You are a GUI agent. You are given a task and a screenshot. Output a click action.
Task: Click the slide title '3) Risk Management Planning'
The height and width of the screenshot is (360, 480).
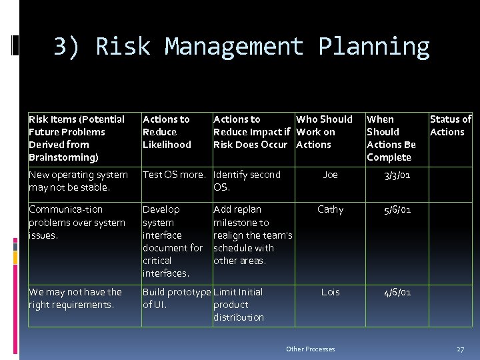pos(241,47)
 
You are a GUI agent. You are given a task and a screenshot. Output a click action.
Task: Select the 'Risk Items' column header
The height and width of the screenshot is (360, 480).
pos(77,138)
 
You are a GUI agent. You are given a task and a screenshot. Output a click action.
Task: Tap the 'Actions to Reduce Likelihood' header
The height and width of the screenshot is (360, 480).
pos(167,132)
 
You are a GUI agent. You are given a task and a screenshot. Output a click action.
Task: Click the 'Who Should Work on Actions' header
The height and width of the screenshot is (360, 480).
pos(325,132)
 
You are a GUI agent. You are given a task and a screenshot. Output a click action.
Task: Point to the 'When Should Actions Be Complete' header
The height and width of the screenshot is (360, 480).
pos(391,138)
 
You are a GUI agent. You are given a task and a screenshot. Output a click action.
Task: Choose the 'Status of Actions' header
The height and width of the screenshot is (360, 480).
pos(450,125)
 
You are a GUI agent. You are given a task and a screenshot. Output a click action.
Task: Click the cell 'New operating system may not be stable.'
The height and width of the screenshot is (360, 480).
pos(78,181)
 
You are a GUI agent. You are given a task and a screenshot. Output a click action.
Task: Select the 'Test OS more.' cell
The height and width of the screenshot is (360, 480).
pos(174,175)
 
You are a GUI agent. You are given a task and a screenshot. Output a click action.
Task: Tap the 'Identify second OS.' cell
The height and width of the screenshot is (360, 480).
pos(247,181)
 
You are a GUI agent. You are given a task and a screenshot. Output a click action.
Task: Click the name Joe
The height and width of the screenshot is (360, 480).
pos(330,175)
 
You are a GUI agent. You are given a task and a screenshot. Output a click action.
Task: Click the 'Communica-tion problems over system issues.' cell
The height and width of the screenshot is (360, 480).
pos(77,222)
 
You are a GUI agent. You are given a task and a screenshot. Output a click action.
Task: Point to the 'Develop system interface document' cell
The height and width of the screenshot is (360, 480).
pos(173,241)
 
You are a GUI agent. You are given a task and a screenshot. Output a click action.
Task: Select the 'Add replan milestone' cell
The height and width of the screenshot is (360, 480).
pos(252,235)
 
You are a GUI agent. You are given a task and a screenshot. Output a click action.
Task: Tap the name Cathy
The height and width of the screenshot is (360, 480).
pos(330,209)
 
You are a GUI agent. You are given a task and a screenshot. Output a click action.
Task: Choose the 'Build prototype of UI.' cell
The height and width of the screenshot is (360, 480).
pos(176,298)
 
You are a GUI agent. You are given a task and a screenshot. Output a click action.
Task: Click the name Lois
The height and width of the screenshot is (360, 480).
pos(330,292)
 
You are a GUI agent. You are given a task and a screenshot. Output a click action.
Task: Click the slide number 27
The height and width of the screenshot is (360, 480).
pos(460,349)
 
